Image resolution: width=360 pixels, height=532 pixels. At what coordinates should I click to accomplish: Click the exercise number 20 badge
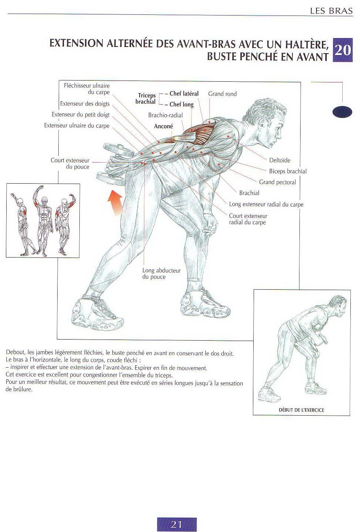tap(343, 50)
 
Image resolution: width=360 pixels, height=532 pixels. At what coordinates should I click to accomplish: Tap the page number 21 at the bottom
tap(176, 524)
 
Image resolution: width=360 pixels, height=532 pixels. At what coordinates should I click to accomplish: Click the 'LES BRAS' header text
tap(331, 11)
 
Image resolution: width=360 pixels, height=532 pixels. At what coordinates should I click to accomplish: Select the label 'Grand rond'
tap(222, 94)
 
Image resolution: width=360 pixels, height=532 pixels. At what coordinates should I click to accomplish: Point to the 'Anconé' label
tap(163, 126)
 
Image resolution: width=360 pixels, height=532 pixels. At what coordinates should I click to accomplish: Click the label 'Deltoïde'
tap(280, 160)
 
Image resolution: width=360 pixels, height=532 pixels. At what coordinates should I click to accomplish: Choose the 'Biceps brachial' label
tap(288, 171)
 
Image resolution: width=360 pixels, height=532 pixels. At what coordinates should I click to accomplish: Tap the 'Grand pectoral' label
tap(277, 182)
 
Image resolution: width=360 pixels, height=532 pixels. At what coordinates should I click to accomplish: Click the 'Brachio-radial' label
tap(165, 115)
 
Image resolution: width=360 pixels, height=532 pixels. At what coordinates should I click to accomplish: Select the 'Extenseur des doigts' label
tap(85, 104)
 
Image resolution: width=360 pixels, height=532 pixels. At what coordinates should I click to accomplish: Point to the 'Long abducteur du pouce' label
tap(161, 274)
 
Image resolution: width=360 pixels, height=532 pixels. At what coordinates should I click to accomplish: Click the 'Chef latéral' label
tap(184, 94)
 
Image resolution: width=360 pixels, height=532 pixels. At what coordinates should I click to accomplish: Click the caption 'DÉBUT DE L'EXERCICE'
tap(301, 410)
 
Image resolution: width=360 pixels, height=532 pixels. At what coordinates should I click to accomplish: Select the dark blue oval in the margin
tap(342, 112)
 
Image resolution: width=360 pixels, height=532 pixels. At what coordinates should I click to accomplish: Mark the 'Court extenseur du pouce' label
tap(70, 164)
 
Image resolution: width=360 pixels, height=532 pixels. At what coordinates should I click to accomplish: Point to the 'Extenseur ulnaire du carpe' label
tap(77, 126)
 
